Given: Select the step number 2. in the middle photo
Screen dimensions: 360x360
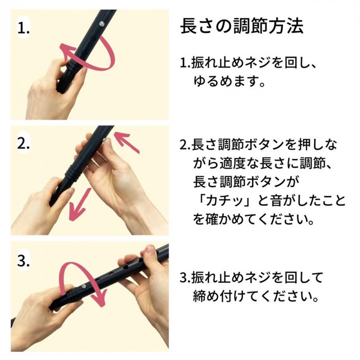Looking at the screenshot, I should (24, 144).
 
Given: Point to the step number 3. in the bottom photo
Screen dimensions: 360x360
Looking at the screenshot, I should (24, 261).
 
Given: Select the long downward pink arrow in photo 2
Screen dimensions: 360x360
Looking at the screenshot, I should (81, 201).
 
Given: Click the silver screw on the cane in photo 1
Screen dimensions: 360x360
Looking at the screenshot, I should (101, 22).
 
